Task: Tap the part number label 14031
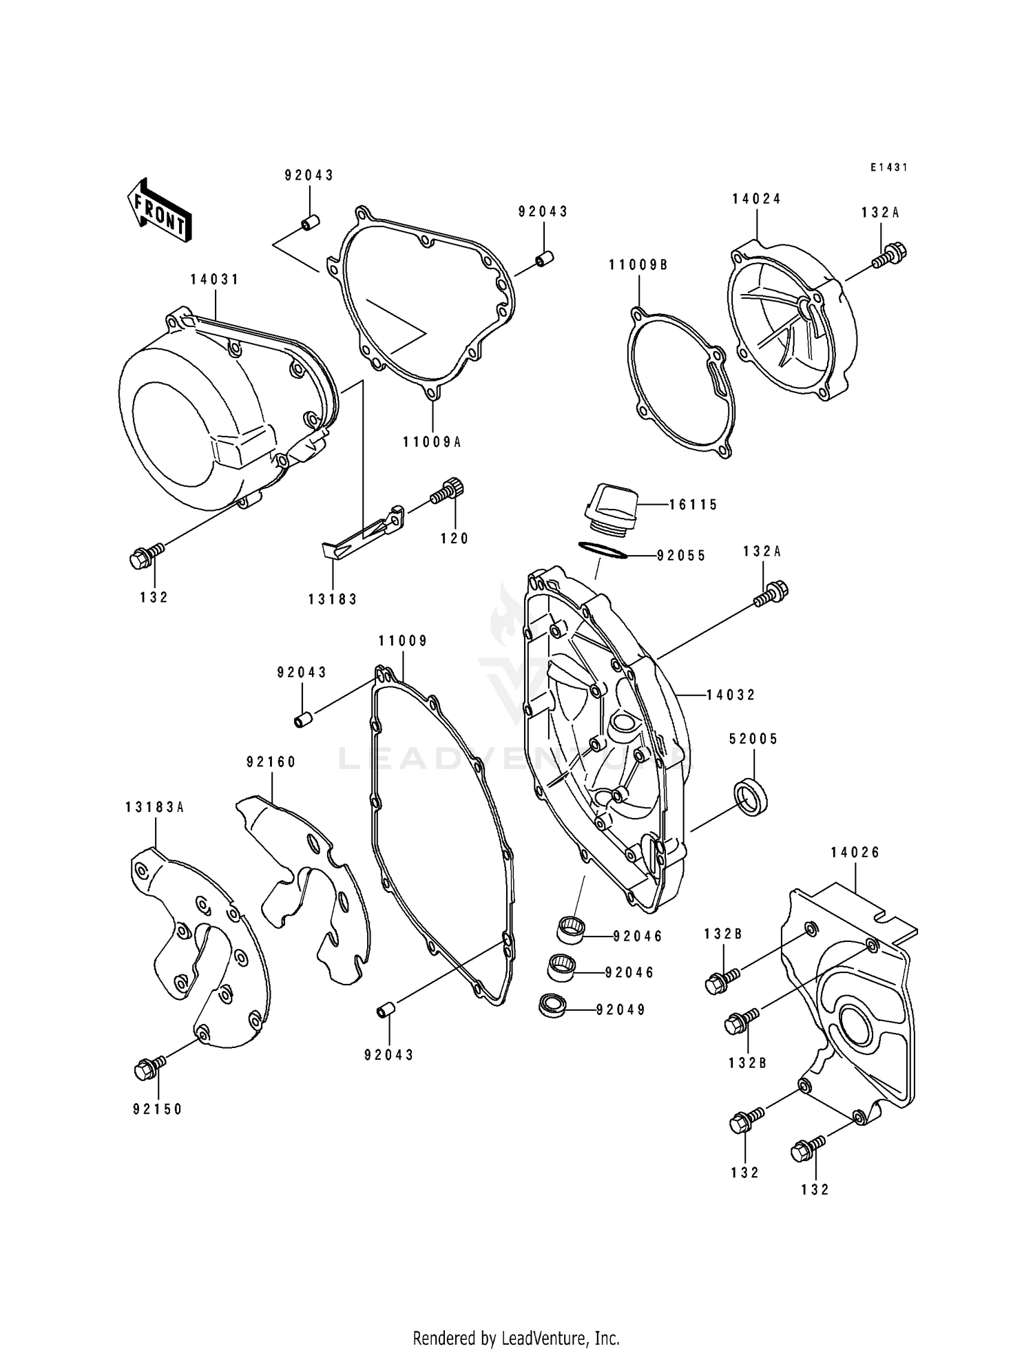[215, 280]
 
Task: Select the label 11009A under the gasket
[432, 442]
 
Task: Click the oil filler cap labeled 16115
[611, 508]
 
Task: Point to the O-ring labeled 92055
[604, 550]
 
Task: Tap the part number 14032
[731, 695]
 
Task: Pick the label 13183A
[155, 807]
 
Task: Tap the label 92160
[271, 762]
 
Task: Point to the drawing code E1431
[888, 167]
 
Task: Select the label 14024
[756, 199]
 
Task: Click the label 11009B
[638, 265]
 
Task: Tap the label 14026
[855, 852]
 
